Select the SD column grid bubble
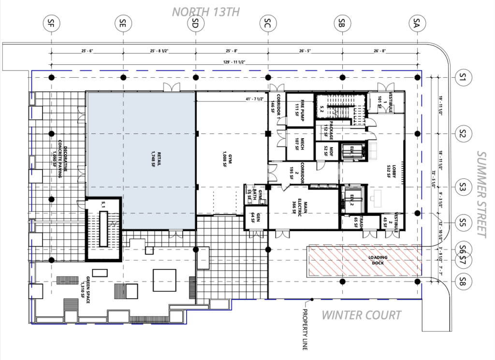pos(196,22)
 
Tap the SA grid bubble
pos(417,22)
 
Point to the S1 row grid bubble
pos(464,77)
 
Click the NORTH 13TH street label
pos(205,12)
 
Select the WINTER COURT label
pos(362,316)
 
